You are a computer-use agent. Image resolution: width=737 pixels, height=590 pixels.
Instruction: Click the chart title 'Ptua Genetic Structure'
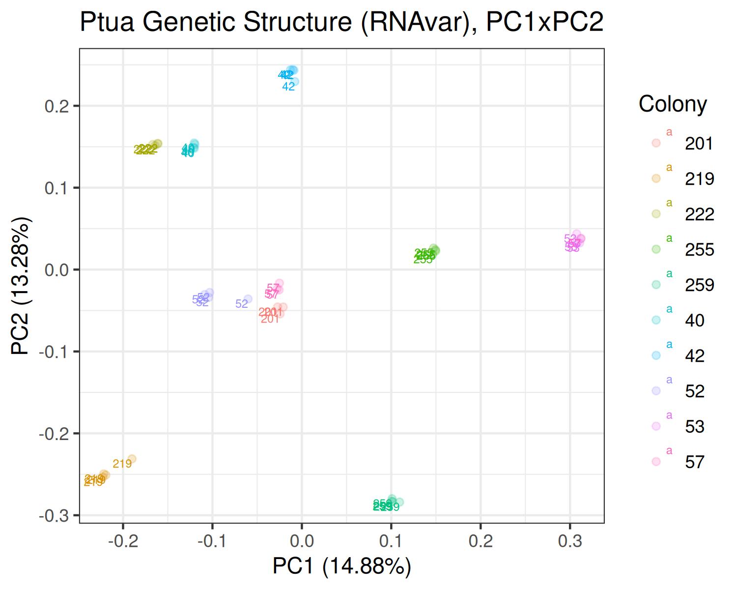[x=341, y=23]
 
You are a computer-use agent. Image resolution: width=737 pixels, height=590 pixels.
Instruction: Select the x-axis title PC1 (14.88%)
[x=341, y=566]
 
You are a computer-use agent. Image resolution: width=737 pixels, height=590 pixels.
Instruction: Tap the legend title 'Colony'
[x=673, y=104]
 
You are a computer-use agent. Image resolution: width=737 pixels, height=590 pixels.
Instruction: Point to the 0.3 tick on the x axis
[x=570, y=541]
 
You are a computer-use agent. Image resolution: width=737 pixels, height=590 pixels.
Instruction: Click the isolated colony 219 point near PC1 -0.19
[x=131, y=459]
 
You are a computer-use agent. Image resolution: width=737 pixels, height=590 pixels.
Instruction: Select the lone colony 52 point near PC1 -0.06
[x=248, y=299]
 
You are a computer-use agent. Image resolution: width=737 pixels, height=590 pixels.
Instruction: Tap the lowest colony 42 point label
[x=288, y=87]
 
